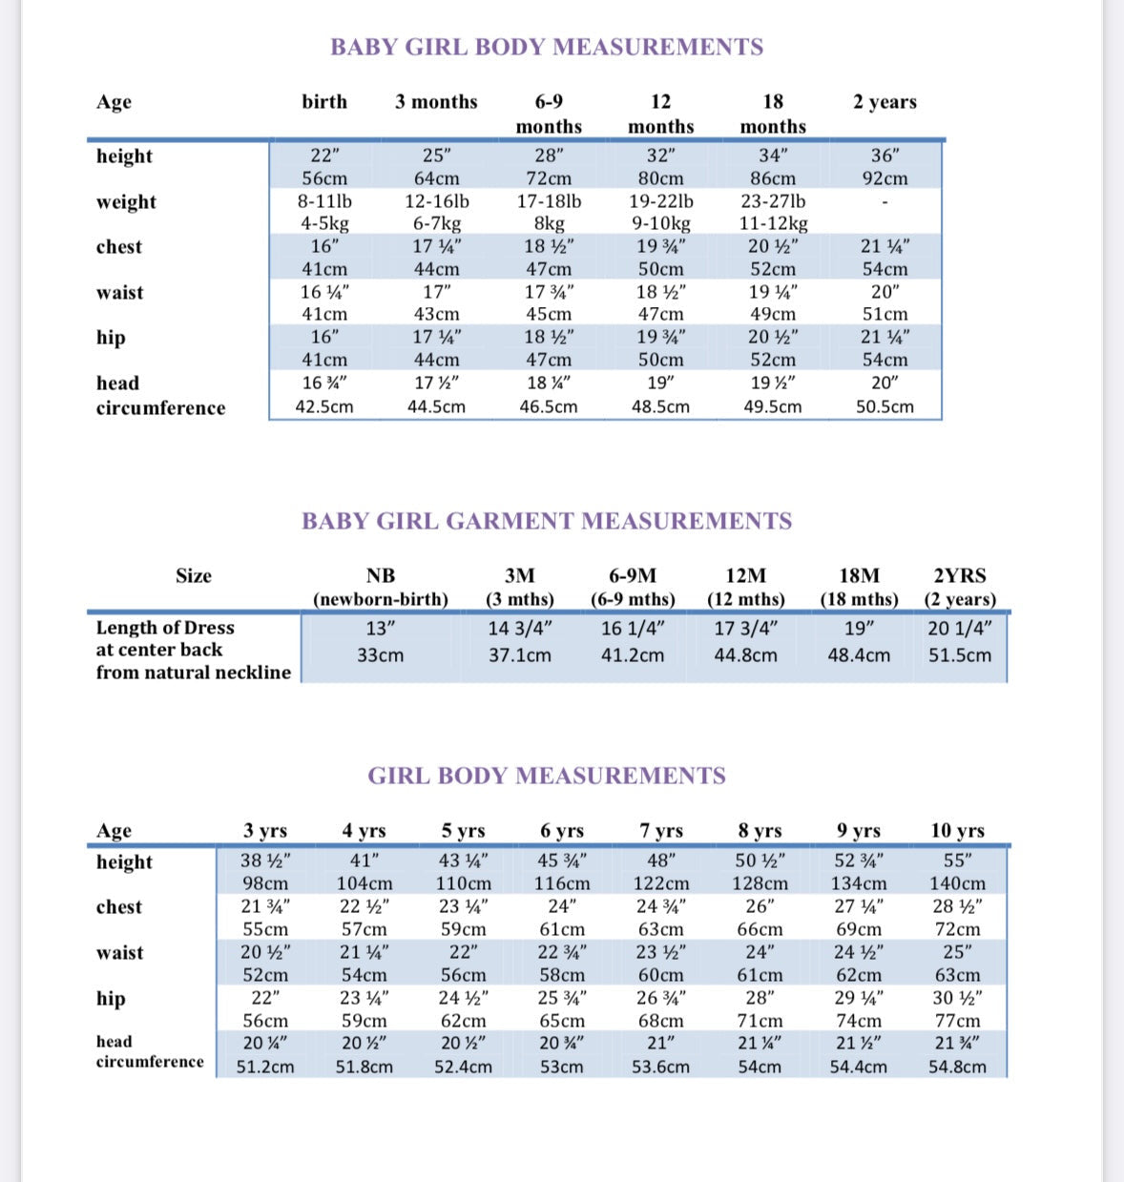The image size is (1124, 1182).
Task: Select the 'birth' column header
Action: tap(324, 102)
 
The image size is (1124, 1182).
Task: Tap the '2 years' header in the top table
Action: tap(885, 102)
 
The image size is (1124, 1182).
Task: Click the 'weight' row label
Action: tap(126, 202)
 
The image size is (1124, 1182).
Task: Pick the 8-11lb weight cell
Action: tap(324, 201)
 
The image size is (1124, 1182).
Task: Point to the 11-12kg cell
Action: tap(773, 223)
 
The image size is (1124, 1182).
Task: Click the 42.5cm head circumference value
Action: tap(324, 406)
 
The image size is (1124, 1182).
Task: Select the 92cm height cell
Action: tap(885, 178)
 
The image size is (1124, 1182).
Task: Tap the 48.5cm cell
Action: tap(660, 406)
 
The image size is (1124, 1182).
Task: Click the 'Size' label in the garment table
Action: tap(194, 576)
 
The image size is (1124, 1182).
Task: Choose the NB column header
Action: tap(380, 576)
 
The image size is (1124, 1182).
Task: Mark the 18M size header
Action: tap(859, 576)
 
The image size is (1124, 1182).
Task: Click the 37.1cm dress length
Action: tap(520, 655)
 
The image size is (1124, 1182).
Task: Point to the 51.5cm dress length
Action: tap(960, 655)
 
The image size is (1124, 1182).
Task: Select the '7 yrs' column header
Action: tap(661, 831)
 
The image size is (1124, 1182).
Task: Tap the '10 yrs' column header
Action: tap(957, 831)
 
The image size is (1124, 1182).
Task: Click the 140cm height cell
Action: tap(957, 883)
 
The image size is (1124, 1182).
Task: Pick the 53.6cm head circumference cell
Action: tap(660, 1067)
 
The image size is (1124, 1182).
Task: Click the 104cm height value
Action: tap(364, 883)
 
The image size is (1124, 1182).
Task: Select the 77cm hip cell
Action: tap(957, 1021)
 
